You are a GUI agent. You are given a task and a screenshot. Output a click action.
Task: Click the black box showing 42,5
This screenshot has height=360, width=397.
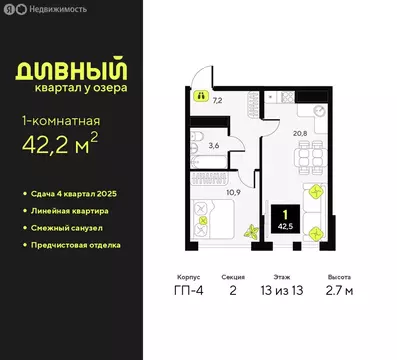point(285,221)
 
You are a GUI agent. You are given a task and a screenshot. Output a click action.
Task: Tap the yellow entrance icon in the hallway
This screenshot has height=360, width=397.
point(200,97)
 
